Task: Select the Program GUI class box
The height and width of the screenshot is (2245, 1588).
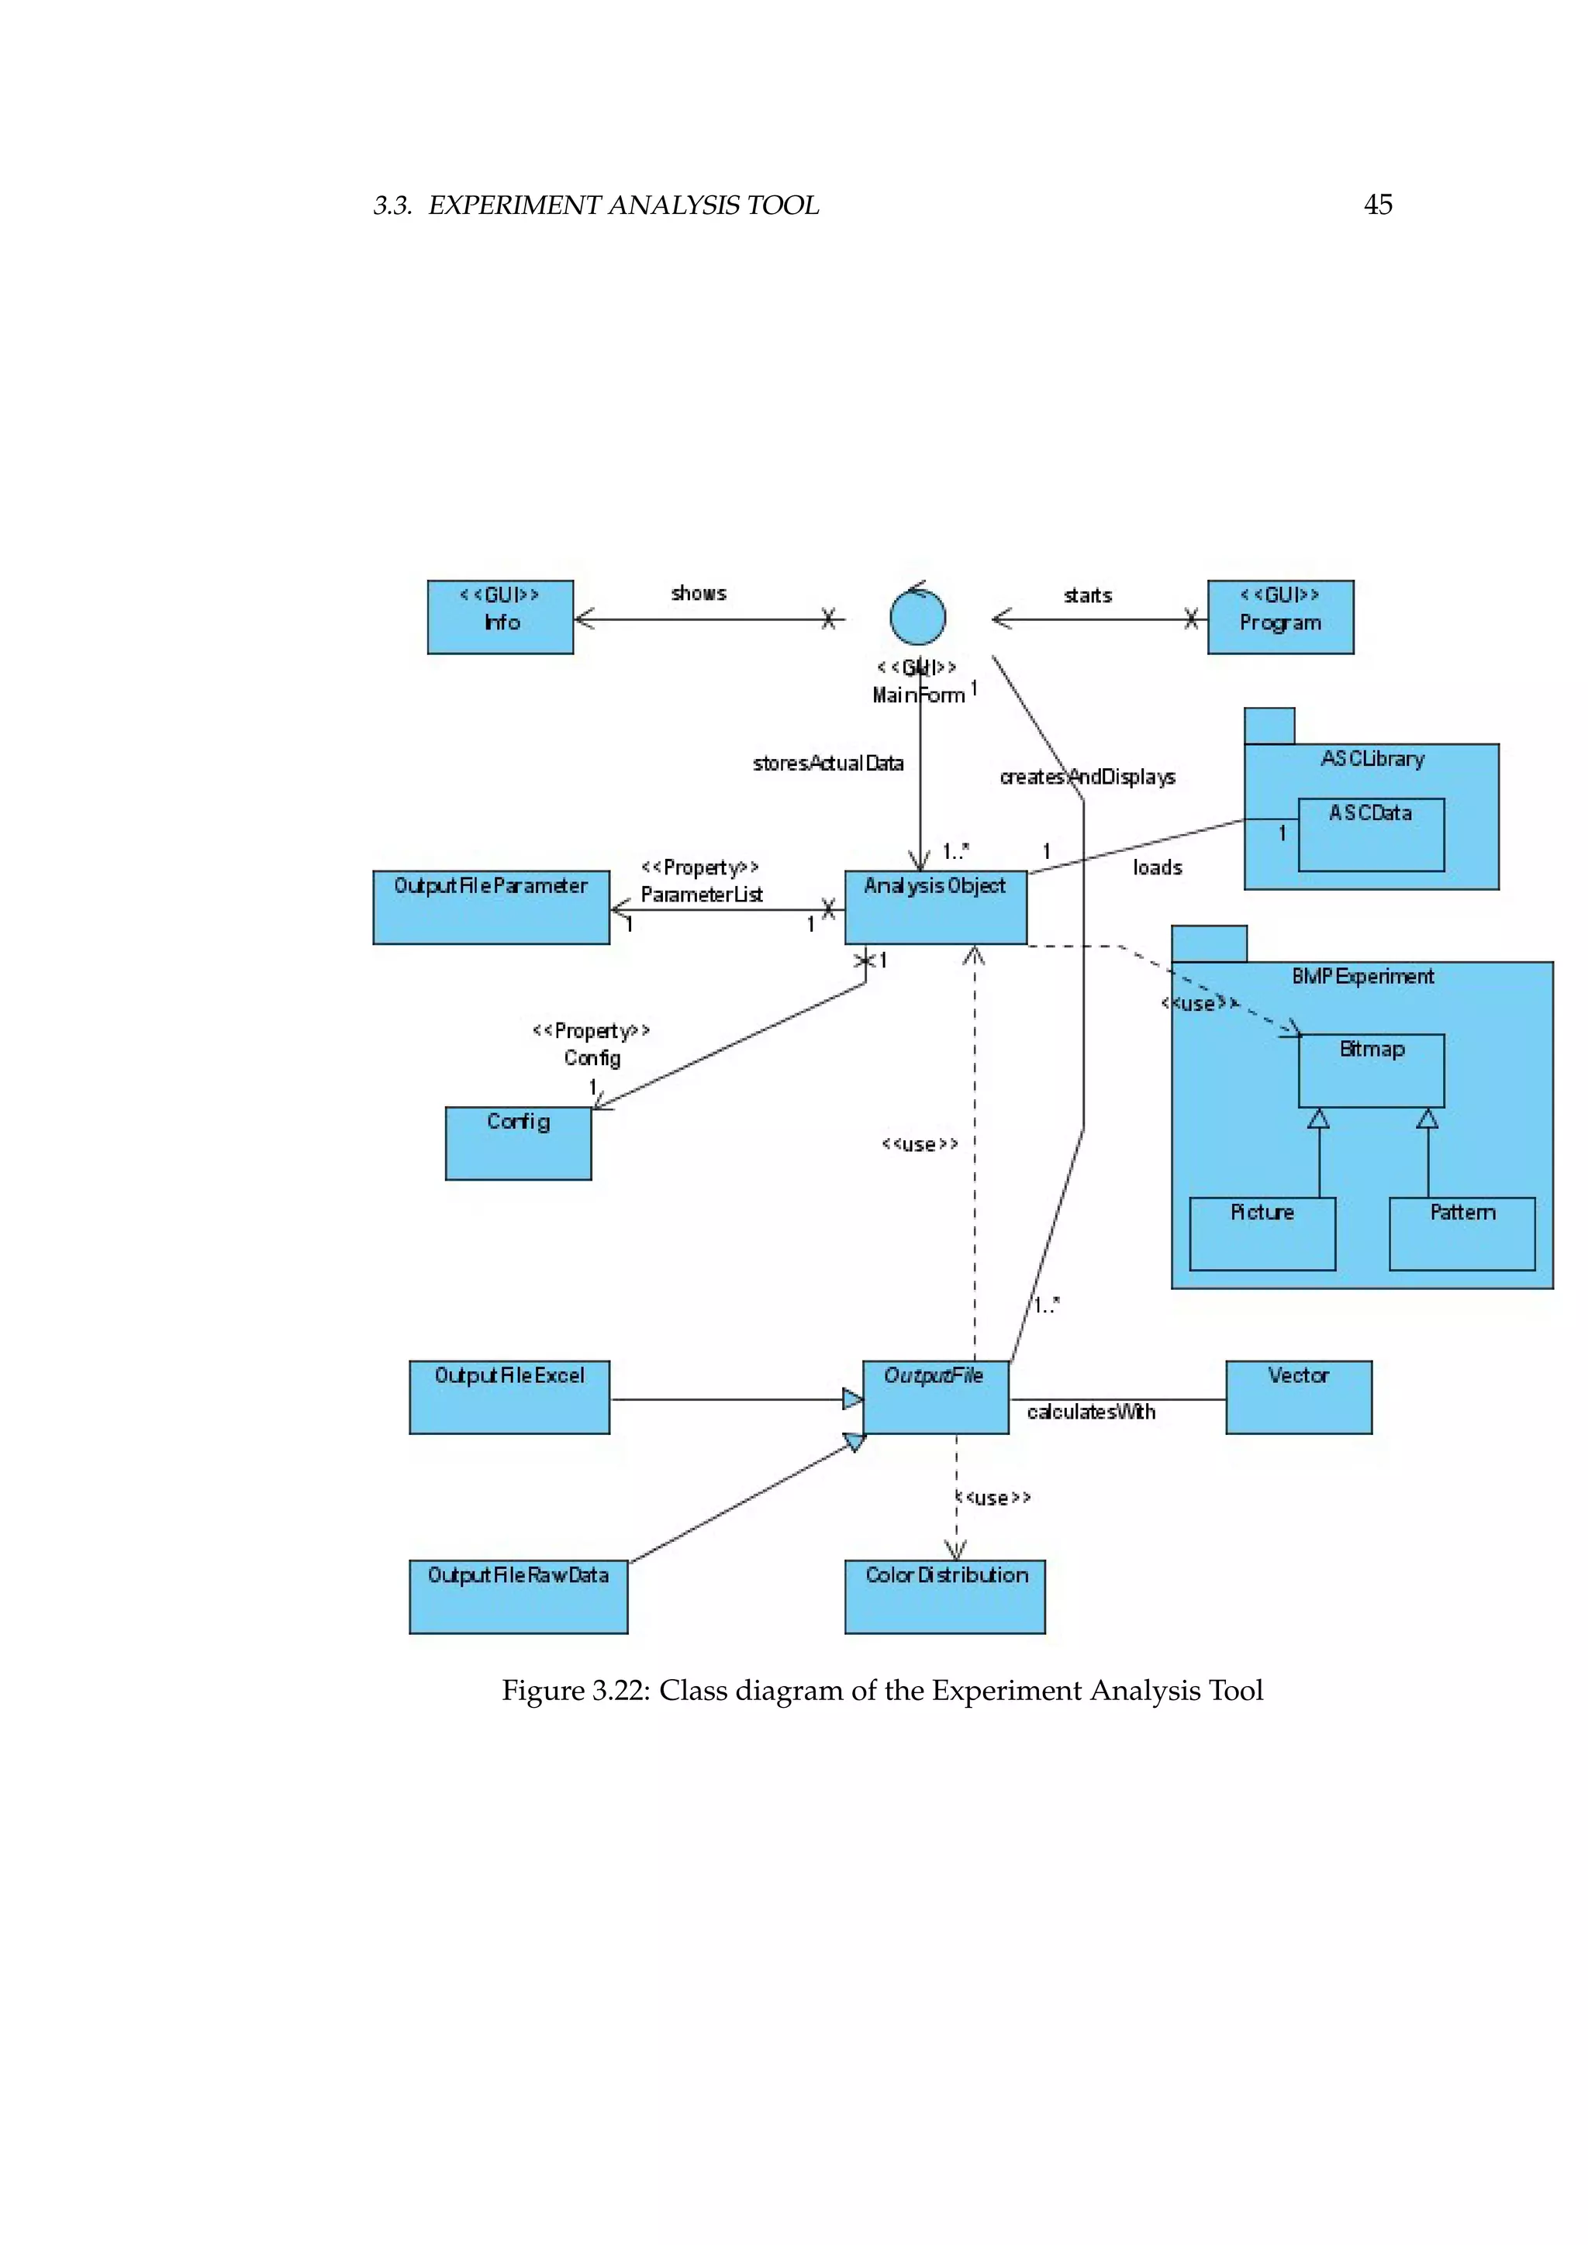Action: tap(1280, 617)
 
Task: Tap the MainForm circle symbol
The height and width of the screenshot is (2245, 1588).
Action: tap(917, 617)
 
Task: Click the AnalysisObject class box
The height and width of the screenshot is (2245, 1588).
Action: tap(935, 908)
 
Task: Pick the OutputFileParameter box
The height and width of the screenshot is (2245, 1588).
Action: tap(491, 908)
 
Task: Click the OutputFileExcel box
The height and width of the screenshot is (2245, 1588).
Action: tap(509, 1397)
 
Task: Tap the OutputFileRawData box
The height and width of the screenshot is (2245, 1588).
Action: tap(518, 1597)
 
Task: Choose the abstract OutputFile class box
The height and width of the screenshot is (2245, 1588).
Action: tap(935, 1397)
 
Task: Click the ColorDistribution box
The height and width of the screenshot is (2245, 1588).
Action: tap(944, 1597)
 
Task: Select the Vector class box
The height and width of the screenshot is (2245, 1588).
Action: tap(1299, 1397)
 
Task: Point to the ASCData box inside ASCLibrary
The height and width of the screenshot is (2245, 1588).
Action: tap(1371, 835)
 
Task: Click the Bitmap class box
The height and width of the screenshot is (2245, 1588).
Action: tap(1371, 1071)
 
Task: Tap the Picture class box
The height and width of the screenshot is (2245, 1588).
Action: tap(1262, 1234)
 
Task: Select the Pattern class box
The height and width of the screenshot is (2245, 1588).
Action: tap(1462, 1234)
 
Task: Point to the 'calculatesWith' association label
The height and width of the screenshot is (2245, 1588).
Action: tap(1091, 1412)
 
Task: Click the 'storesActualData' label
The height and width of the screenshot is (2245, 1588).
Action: tap(827, 764)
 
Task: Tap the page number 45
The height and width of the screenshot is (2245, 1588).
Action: tap(1377, 205)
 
